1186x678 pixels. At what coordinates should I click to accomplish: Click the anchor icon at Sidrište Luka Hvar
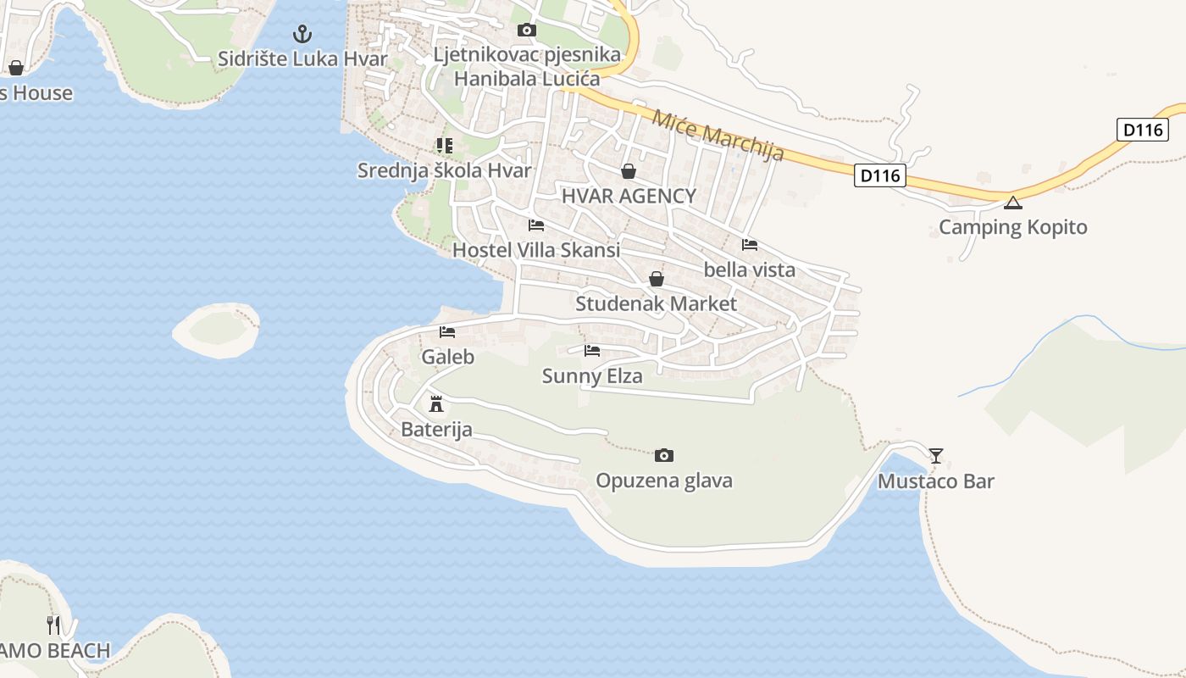[x=302, y=34]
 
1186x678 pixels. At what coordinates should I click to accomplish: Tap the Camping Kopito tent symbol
[x=1012, y=203]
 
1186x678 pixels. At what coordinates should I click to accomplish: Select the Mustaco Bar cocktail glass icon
[x=935, y=456]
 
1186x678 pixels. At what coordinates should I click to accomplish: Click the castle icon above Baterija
[x=436, y=403]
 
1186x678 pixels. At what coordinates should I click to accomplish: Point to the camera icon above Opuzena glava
[x=664, y=456]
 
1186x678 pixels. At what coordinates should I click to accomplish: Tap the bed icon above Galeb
[x=447, y=332]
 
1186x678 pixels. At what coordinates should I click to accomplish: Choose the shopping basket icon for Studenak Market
[x=656, y=279]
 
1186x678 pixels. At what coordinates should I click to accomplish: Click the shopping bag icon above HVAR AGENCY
[x=629, y=171]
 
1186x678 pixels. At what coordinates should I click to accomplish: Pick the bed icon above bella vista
[x=749, y=245]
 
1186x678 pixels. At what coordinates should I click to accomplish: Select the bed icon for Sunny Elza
[x=592, y=350]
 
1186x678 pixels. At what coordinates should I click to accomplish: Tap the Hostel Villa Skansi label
[x=536, y=250]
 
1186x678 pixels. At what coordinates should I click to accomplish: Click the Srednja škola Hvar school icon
[x=444, y=146]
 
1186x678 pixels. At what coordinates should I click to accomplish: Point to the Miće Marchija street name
[x=718, y=136]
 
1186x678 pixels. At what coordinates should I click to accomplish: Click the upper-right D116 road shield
[x=1143, y=130]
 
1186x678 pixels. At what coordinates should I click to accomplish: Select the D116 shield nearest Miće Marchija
[x=879, y=176]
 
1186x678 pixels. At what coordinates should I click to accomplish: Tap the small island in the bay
[x=216, y=330]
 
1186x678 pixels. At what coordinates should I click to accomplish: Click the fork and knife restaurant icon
[x=54, y=625]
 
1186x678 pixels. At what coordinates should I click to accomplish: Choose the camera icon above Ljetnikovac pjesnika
[x=526, y=31]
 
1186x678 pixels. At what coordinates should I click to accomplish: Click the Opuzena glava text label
[x=664, y=481]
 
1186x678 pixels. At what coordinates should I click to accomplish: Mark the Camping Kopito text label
[x=1012, y=227]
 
